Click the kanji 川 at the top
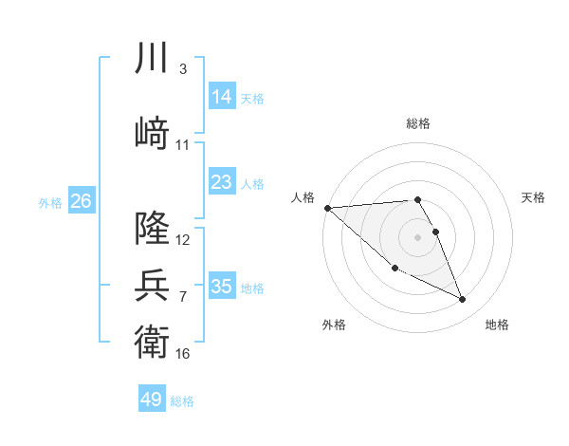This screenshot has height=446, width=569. click(153, 60)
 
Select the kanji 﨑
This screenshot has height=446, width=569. click(153, 134)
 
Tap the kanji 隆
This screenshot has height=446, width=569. click(153, 229)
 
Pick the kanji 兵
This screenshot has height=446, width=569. click(153, 285)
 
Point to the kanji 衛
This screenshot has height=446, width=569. click(153, 341)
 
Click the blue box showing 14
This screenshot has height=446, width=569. click(222, 97)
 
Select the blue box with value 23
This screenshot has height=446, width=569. click(222, 182)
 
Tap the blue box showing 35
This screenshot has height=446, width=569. click(222, 287)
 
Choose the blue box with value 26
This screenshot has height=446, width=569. click(81, 201)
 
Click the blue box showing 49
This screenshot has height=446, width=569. click(152, 400)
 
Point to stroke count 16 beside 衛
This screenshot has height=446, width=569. click(183, 354)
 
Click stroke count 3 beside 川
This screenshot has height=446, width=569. click(183, 70)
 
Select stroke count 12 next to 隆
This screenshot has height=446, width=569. click(183, 240)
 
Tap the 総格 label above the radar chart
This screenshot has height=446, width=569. click(418, 124)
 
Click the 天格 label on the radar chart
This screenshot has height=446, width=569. click(534, 197)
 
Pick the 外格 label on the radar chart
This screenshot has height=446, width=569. click(334, 325)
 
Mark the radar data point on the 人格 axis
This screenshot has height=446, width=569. click(327, 208)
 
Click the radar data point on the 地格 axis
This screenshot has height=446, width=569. click(463, 300)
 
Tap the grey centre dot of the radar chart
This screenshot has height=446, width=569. click(418, 236)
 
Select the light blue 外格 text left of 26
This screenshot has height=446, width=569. click(50, 202)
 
